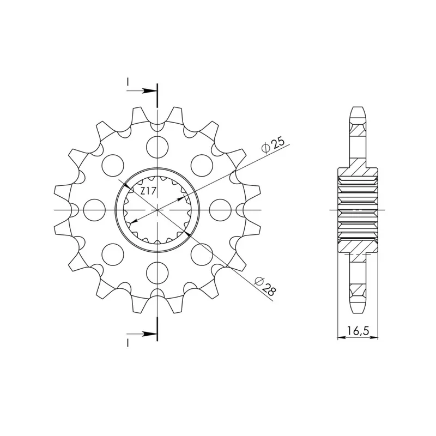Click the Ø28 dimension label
[265, 287]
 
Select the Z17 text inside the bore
[148, 191]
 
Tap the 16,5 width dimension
[358, 331]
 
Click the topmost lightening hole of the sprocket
[158, 147]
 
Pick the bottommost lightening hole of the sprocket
[158, 272]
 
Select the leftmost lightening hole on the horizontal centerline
[94, 210]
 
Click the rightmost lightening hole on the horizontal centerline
[220, 210]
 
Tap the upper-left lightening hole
[113, 166]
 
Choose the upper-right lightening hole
[202, 166]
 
